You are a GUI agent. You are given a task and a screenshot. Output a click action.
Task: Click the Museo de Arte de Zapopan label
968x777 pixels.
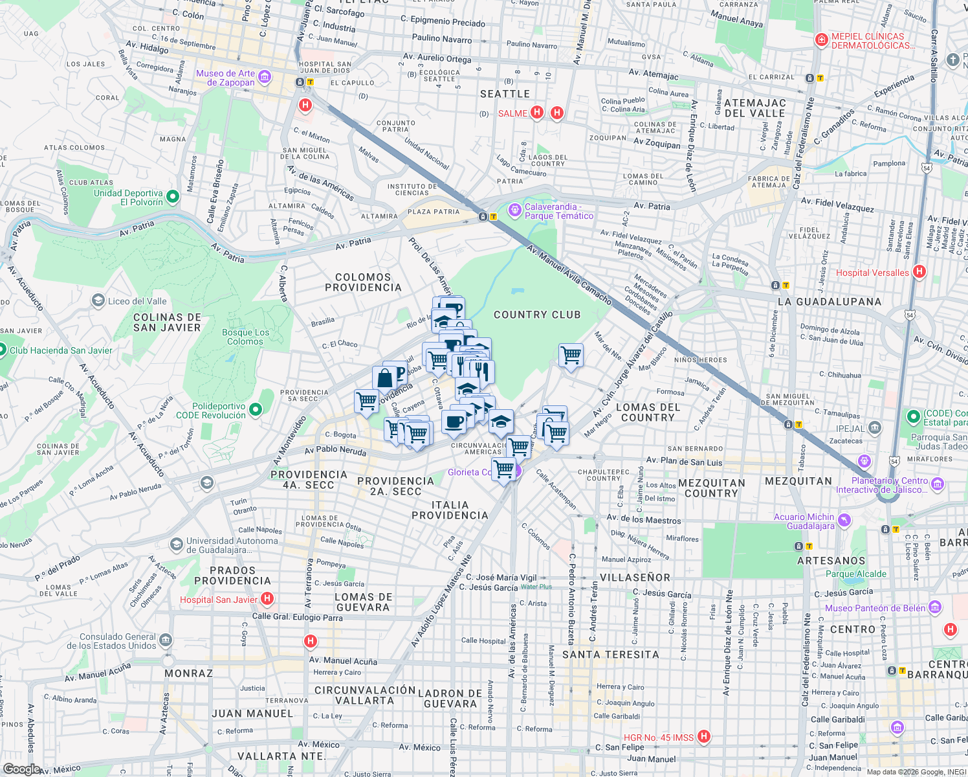click(226, 78)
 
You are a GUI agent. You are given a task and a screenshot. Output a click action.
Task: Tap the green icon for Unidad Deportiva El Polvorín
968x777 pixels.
click(173, 196)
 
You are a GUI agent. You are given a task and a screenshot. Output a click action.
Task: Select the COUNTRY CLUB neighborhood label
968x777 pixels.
click(537, 315)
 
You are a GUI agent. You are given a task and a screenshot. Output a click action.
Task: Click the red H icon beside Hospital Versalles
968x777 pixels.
click(919, 273)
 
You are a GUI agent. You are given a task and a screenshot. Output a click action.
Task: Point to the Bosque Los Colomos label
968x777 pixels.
click(245, 337)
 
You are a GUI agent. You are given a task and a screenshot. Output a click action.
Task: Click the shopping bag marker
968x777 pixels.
click(384, 378)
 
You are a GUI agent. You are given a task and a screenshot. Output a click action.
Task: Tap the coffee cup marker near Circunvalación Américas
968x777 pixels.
click(454, 422)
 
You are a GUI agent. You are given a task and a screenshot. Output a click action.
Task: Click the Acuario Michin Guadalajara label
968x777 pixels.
click(804, 521)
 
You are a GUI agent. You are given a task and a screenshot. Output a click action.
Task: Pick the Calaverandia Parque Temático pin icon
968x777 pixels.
click(514, 210)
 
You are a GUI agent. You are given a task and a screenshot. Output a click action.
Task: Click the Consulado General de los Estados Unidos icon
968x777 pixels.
click(166, 640)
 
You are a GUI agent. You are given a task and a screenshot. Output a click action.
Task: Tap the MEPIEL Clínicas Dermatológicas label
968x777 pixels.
click(872, 41)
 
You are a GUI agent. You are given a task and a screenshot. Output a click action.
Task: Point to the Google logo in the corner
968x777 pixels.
click(21, 769)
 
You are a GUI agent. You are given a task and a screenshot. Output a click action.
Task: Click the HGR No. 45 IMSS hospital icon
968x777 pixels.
click(704, 737)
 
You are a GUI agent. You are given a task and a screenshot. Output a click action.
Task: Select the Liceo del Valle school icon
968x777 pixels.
click(98, 300)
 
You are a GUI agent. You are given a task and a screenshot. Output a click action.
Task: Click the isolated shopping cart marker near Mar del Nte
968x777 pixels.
click(571, 354)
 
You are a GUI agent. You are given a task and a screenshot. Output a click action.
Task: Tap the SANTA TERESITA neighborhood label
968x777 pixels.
click(610, 655)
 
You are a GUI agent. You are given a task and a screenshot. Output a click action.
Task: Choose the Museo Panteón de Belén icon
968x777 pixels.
click(935, 607)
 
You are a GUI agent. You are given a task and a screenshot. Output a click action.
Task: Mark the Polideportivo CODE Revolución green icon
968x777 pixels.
click(256, 409)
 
